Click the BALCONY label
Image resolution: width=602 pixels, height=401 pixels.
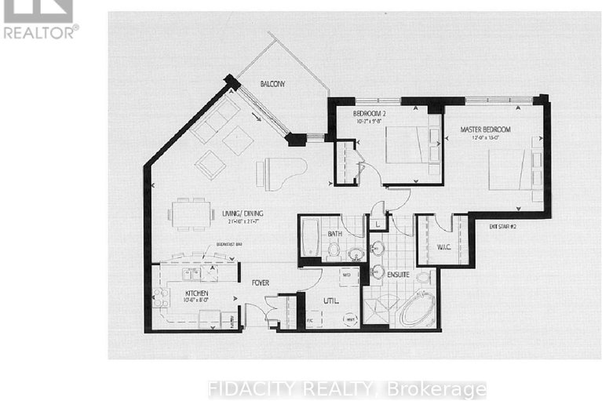coord(272,84)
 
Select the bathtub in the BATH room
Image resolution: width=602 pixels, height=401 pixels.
coord(309,239)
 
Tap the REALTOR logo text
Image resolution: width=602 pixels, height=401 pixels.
coord(40,31)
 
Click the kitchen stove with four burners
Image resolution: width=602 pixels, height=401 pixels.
coord(159,297)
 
